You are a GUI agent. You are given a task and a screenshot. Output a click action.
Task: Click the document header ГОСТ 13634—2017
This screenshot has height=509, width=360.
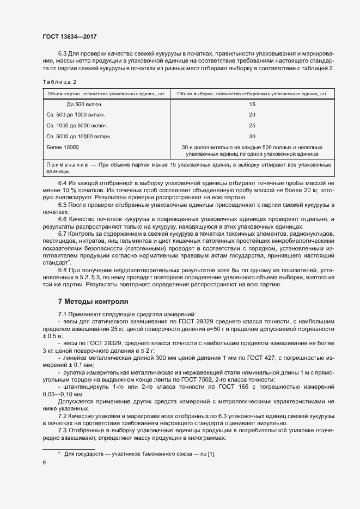point(69,36)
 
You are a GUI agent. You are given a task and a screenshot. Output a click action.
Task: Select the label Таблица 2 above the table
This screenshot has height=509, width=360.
point(59,82)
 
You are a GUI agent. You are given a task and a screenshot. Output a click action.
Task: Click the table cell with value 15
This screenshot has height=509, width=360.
point(252,104)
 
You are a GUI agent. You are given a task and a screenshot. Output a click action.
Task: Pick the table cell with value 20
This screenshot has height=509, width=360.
point(252,115)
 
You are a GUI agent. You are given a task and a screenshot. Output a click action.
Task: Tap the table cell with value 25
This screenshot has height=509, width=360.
point(252,126)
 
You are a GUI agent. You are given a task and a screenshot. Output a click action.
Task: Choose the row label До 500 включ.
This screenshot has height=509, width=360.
point(84,104)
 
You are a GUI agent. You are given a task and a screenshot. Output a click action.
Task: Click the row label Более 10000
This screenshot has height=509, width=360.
point(63,148)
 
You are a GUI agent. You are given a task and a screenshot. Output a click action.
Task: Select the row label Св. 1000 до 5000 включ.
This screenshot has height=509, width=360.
point(77,126)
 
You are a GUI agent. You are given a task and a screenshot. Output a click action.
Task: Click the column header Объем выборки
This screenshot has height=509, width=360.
point(252,94)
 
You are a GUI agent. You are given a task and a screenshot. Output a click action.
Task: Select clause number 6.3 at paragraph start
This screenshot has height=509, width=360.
point(62,54)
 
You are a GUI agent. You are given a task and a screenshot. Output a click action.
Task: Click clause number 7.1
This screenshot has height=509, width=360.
point(62,314)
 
